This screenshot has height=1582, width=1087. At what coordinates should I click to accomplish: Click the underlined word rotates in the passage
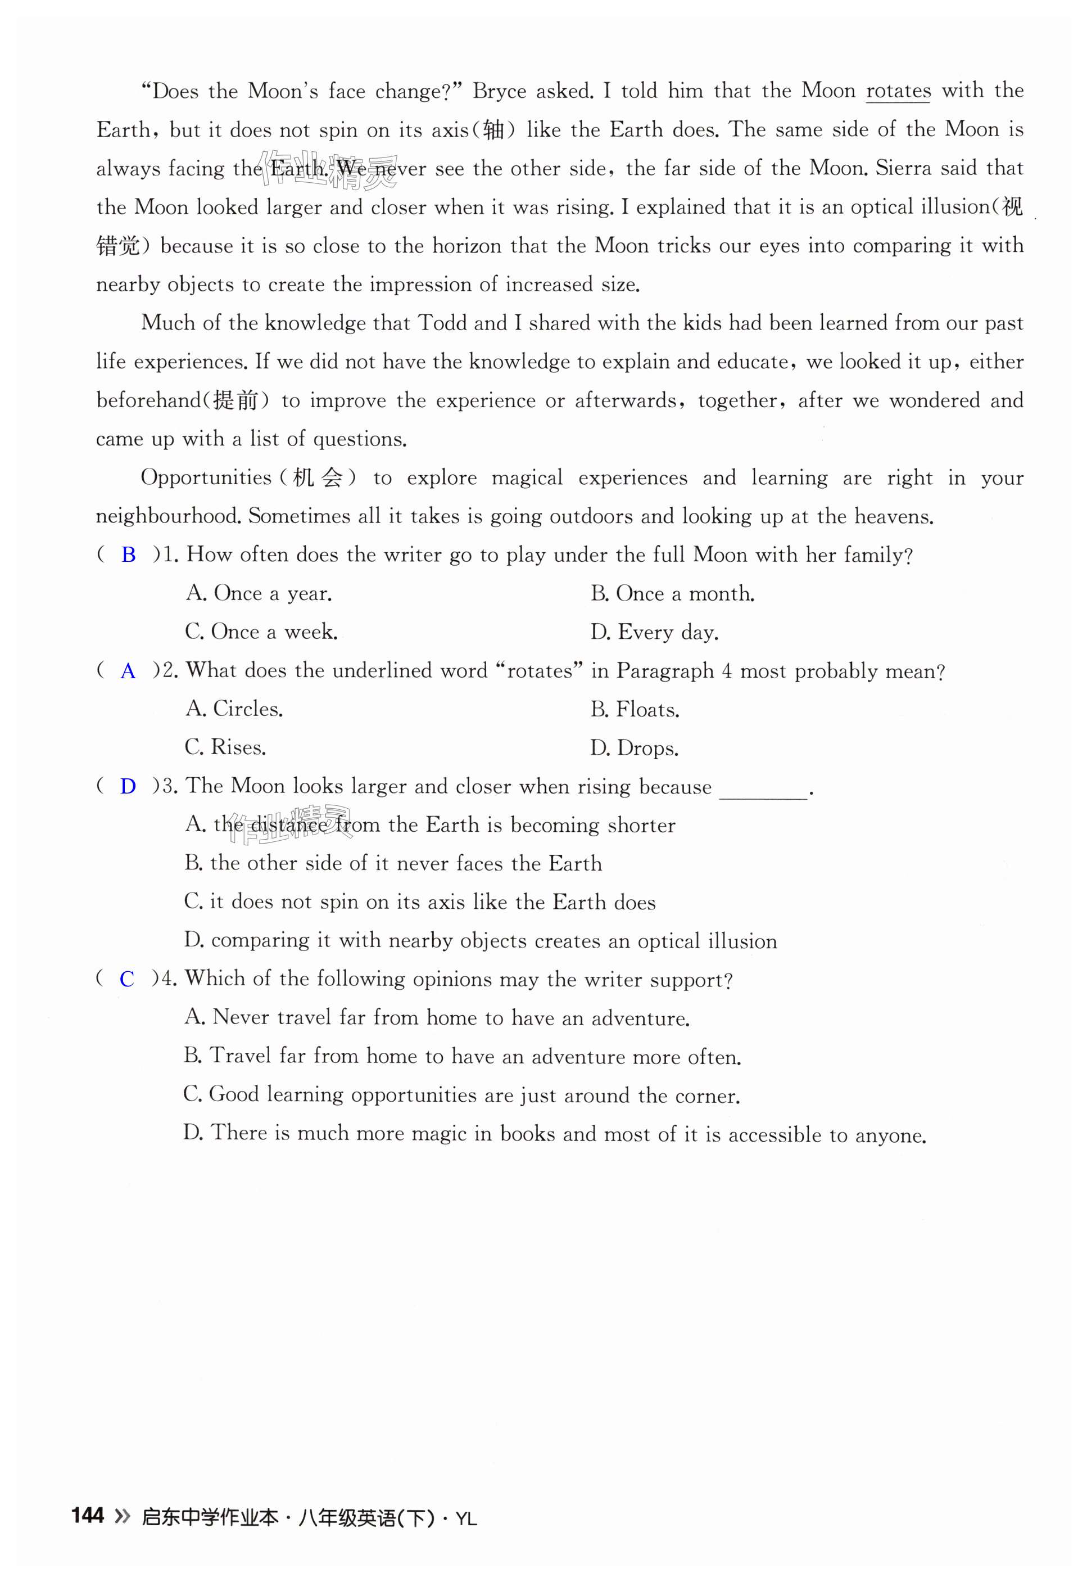click(898, 91)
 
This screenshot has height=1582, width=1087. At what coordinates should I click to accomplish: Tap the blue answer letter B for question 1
click(128, 555)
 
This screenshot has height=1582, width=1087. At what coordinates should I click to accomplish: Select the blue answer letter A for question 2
click(128, 671)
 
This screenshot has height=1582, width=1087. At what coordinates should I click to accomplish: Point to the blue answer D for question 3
click(128, 787)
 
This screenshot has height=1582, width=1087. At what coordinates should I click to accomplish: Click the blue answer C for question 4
click(126, 980)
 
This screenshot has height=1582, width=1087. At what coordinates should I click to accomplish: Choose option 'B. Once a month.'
click(672, 594)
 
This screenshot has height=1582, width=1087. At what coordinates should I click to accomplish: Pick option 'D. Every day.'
click(654, 633)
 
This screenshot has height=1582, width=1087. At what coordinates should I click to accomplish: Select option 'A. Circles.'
click(234, 709)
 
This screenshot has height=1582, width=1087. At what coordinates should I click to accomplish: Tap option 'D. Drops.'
click(634, 748)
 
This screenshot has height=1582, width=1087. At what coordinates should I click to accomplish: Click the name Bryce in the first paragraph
click(499, 91)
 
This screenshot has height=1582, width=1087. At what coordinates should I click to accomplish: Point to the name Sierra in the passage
click(903, 168)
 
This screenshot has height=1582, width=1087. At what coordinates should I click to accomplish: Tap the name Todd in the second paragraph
click(441, 323)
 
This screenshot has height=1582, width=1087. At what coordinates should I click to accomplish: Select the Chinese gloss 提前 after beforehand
click(235, 400)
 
